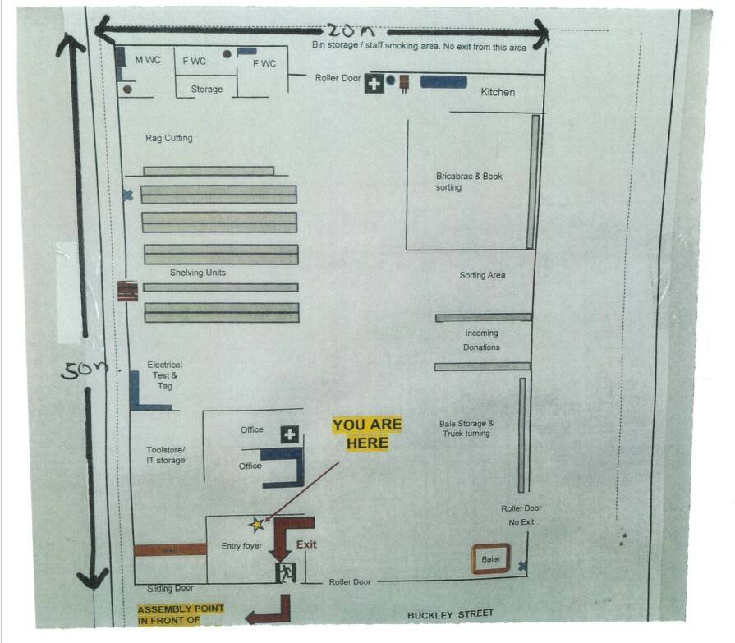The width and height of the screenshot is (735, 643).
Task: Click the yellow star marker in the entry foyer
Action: (x=257, y=523)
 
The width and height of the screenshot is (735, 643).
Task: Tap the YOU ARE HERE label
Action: (x=367, y=434)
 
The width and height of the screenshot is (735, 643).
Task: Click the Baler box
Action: (x=491, y=559)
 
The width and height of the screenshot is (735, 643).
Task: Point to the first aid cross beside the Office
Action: (x=289, y=434)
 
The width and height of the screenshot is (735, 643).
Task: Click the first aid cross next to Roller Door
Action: (x=374, y=83)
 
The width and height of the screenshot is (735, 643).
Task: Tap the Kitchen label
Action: (x=498, y=92)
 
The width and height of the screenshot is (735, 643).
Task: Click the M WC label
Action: (x=148, y=61)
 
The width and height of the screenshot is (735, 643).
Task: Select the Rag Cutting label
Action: (x=168, y=138)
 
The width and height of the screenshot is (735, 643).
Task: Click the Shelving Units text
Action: (x=197, y=273)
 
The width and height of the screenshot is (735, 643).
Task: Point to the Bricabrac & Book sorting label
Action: (x=469, y=181)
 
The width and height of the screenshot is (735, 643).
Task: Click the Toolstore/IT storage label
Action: (x=166, y=455)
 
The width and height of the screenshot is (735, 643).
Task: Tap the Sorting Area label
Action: (x=482, y=275)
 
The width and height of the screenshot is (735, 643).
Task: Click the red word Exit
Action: (x=306, y=544)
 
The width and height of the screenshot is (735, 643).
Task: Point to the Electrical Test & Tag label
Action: (x=164, y=375)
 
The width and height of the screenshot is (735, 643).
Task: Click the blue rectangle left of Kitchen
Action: (x=443, y=82)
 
